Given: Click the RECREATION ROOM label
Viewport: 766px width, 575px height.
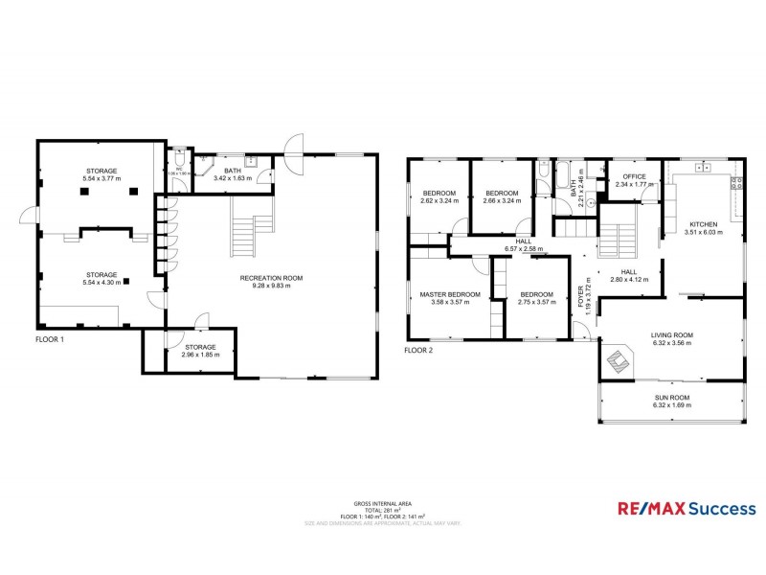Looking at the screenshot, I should [x=271, y=278].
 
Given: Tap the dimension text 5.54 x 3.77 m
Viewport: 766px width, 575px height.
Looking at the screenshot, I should [x=100, y=179].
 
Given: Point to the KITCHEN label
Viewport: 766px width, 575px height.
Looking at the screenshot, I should [x=703, y=223].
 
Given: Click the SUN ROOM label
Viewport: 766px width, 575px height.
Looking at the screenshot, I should [x=670, y=397].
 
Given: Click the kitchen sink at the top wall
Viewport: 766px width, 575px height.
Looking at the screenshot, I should [x=708, y=169].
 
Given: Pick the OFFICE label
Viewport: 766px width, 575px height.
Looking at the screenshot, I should [x=635, y=177].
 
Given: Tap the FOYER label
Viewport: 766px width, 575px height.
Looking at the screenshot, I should [x=580, y=298].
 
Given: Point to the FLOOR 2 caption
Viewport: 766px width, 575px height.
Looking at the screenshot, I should [x=418, y=351].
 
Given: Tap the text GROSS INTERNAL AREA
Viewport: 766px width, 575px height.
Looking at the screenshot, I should [x=383, y=502].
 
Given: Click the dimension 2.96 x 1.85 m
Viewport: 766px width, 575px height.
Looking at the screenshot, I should [x=200, y=355].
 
